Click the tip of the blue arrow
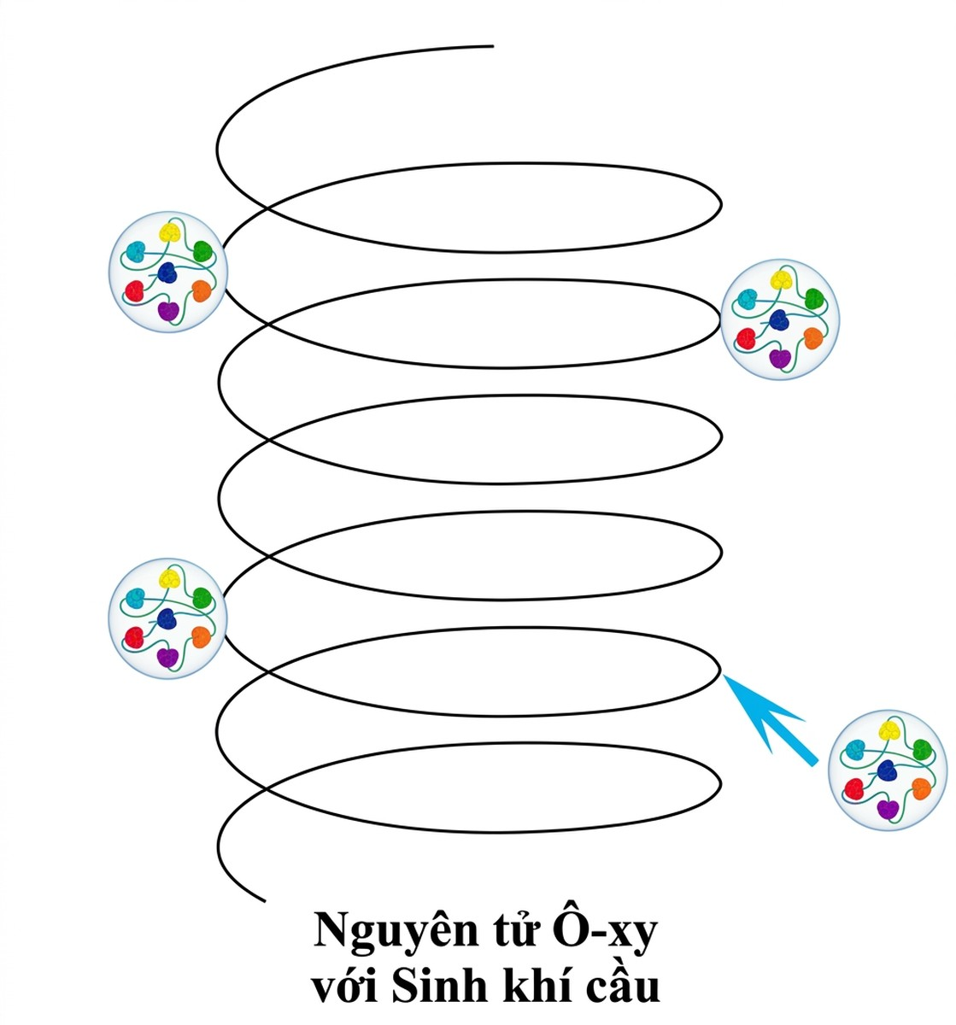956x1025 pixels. tap(723, 675)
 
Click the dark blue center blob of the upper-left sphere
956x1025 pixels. tap(167, 272)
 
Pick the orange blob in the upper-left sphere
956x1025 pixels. tap(201, 291)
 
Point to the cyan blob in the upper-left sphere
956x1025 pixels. tap(135, 251)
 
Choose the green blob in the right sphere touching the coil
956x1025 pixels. tap(813, 298)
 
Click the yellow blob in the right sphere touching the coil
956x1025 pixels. tap(780, 279)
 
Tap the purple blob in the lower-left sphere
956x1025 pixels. tap(167, 658)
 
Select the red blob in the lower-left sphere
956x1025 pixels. tap(134, 637)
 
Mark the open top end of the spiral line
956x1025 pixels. tap(493, 46)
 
